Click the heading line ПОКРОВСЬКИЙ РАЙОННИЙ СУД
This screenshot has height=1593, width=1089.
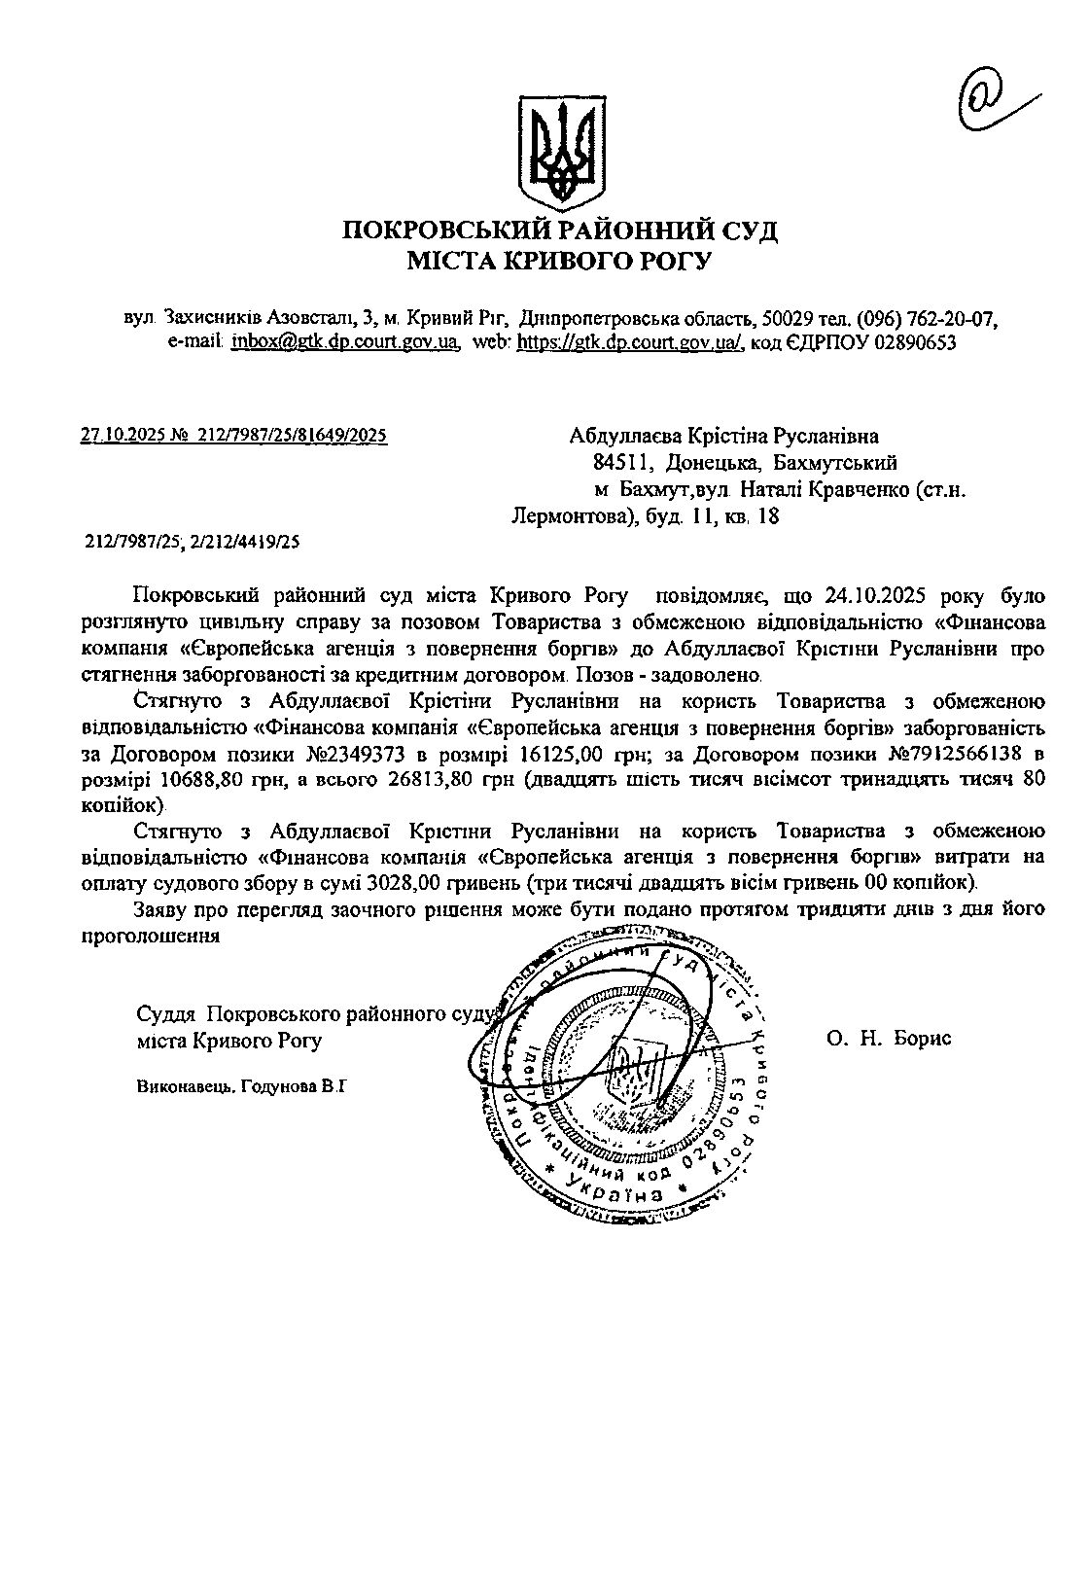click(560, 230)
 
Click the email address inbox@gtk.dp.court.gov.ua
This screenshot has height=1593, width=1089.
click(344, 342)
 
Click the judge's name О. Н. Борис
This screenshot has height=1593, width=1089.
click(889, 1039)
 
